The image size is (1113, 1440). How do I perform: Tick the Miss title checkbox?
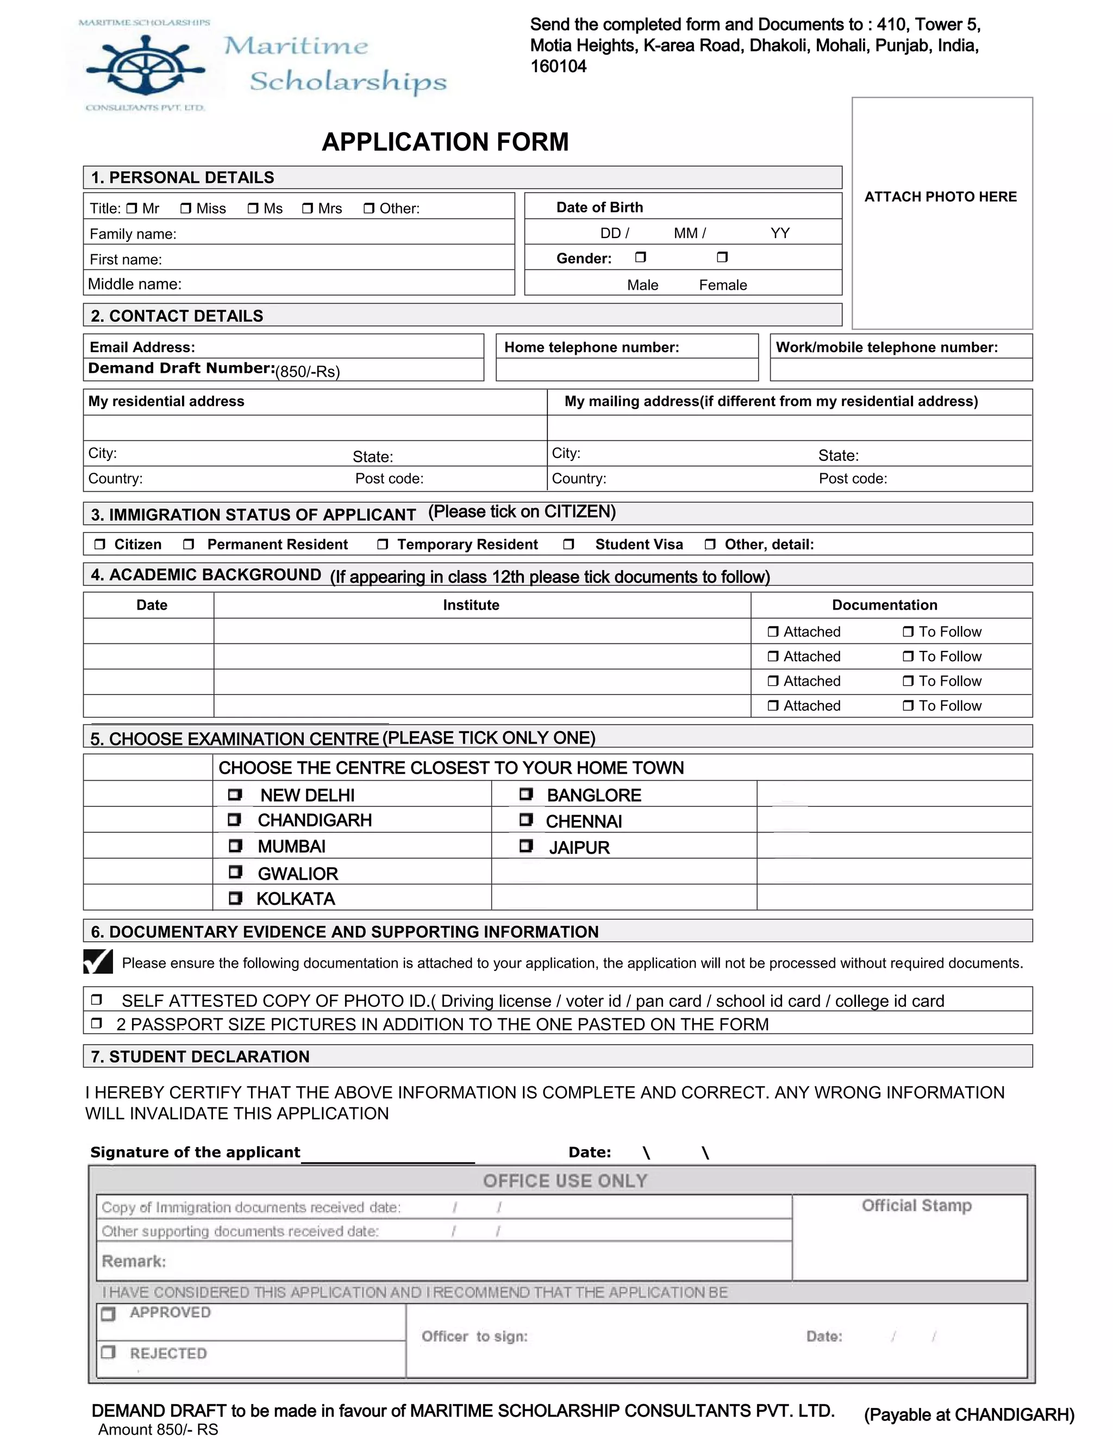coord(186,208)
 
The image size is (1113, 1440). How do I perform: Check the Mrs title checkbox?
coord(307,208)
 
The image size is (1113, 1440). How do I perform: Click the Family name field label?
coord(133,234)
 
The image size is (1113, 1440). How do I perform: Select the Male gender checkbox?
coord(640,257)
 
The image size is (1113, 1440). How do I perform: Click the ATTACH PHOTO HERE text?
coord(940,197)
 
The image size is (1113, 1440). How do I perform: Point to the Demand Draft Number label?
coord(182,368)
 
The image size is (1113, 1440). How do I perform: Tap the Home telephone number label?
coord(591,347)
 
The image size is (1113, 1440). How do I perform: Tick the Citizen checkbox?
coord(99,544)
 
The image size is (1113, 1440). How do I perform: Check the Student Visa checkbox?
coord(568,544)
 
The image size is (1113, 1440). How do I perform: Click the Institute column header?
coord(471,605)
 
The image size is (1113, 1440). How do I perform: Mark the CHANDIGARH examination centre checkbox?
coord(234,819)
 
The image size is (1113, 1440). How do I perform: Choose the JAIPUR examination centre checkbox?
coord(526,846)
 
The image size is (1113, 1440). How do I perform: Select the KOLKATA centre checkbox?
coord(235,898)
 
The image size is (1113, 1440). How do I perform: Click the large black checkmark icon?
coord(98,961)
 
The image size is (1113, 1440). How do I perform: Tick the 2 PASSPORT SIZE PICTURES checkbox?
coord(96,1023)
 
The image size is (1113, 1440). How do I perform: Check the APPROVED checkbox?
coord(108,1314)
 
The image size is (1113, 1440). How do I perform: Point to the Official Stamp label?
coord(916,1205)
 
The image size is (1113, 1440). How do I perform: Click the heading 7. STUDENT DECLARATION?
coord(200,1056)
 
